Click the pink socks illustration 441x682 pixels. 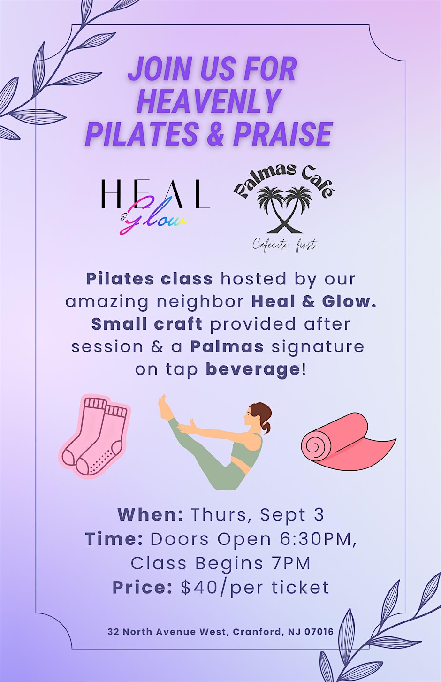click(95, 436)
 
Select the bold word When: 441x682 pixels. click(151, 514)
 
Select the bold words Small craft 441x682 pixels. click(147, 324)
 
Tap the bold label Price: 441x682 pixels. click(143, 588)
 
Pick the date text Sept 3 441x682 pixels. click(292, 515)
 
